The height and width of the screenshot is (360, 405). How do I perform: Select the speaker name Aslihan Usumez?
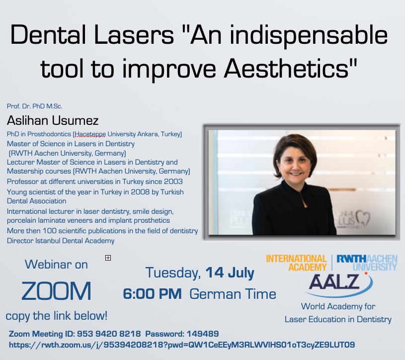53,120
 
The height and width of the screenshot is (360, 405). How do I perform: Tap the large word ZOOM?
56,291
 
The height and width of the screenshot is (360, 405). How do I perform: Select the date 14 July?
230,272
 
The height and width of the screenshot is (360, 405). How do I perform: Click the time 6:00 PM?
152,294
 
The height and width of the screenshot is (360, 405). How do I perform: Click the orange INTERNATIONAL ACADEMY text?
297,263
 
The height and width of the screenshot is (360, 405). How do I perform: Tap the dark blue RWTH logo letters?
351,259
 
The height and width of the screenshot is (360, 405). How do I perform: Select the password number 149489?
203,334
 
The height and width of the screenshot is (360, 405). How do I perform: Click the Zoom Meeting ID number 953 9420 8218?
109,334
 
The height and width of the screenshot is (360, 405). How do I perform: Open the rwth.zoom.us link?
182,345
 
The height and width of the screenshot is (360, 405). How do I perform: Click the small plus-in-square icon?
108,258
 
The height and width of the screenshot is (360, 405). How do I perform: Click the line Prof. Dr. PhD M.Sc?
35,106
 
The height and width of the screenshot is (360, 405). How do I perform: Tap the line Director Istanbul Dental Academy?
61,241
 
